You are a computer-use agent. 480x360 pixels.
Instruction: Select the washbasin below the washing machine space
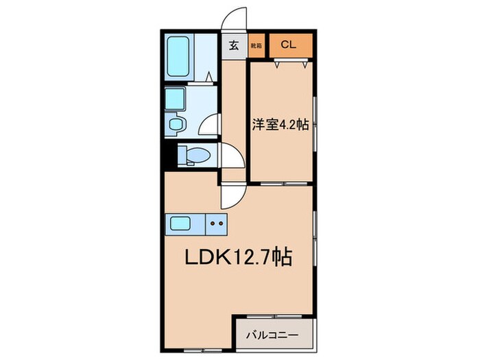click(x=177, y=125)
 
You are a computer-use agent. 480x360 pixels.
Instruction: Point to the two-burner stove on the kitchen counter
click(x=217, y=224)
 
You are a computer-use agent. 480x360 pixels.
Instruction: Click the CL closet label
click(x=287, y=46)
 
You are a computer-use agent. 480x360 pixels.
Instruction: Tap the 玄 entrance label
click(x=234, y=46)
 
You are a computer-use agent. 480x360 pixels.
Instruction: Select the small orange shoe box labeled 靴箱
click(x=256, y=46)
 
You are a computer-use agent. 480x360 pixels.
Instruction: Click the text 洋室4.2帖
click(x=278, y=125)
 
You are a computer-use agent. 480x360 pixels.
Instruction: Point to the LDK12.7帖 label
click(x=239, y=258)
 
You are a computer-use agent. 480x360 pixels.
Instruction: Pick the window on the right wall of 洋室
click(x=315, y=123)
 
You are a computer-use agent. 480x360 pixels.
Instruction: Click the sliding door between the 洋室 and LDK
click(x=281, y=184)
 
